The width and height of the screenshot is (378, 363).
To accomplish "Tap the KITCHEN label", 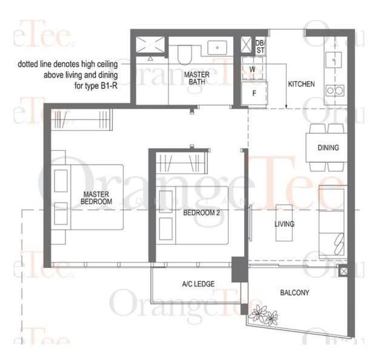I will [x=301, y=83].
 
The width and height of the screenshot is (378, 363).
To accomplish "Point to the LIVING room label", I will [x=284, y=224].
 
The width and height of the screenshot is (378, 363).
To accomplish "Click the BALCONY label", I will [x=295, y=293].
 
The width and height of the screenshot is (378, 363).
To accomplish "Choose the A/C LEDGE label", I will [x=198, y=284].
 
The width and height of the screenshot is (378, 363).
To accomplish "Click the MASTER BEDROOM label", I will [x=97, y=197].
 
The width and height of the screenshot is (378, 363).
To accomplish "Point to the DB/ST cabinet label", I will [x=260, y=46].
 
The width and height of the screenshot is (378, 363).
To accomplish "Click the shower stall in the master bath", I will [x=149, y=46].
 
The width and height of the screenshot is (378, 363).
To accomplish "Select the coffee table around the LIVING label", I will [x=284, y=224].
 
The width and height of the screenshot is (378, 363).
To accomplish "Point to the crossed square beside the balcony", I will [x=343, y=272].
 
